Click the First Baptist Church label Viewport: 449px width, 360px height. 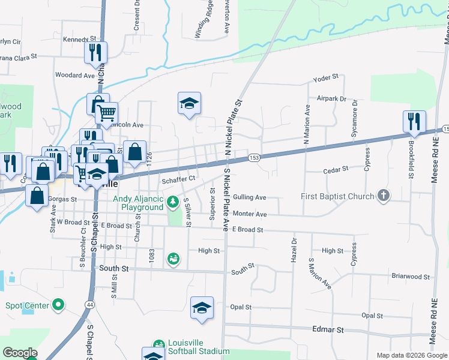coord(338,196)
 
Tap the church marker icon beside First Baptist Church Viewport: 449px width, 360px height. coord(383,196)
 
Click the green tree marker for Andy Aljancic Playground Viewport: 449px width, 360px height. coord(173,201)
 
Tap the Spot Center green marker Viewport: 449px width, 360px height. coord(58,305)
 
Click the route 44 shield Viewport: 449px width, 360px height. coord(89,305)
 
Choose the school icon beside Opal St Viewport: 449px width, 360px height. coord(202,308)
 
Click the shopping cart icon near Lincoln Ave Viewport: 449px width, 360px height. coord(106,113)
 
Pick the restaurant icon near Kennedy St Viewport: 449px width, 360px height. coord(95,52)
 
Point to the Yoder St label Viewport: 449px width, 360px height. coord(327,77)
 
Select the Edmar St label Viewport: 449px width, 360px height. coord(328,330)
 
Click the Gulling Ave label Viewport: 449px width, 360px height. coord(250,197)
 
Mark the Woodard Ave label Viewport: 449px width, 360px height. coord(75,76)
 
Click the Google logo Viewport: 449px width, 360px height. coord(20,353)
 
